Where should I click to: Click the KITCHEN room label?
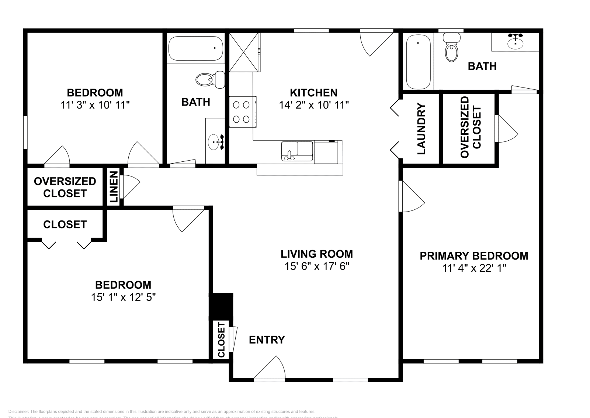313,92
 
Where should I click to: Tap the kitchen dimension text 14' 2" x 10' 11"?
313,105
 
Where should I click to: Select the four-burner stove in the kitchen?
242,112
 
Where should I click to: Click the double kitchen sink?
297,151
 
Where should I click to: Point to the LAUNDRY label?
421,129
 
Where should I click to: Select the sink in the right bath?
515,42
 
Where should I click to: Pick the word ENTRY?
267,340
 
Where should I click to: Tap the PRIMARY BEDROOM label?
474,256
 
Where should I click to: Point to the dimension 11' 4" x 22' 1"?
474,268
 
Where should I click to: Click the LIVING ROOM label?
316,254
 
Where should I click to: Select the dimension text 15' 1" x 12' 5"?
123,297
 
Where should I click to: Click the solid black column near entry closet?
221,305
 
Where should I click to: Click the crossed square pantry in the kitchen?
244,52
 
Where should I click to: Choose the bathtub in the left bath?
196,48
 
